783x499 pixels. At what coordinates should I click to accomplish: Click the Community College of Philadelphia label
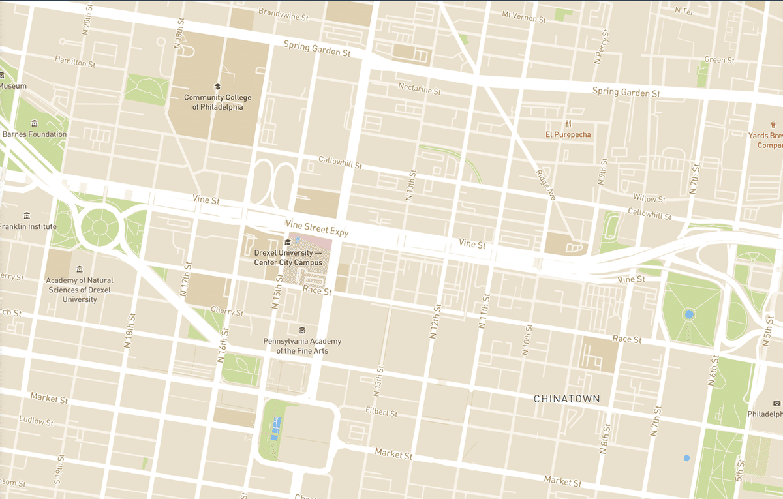(x=217, y=102)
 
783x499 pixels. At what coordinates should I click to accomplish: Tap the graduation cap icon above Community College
(x=217, y=87)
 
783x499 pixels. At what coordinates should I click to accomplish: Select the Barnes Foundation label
(x=34, y=134)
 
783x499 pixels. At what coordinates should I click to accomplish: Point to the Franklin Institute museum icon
(x=27, y=215)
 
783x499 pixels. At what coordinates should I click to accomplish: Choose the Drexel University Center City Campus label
(x=288, y=258)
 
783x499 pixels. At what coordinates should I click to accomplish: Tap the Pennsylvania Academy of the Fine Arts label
(x=301, y=346)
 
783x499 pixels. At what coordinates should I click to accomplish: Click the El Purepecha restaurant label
(x=568, y=135)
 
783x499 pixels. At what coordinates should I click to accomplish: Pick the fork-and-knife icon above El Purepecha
(x=568, y=123)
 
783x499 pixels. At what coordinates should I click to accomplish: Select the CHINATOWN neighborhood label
(x=566, y=398)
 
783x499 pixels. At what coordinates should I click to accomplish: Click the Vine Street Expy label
(x=317, y=228)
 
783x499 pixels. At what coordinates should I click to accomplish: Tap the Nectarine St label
(x=420, y=89)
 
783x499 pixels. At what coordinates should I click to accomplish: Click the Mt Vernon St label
(x=523, y=16)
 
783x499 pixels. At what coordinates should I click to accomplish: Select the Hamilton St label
(x=75, y=62)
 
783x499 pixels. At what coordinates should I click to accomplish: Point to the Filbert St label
(x=382, y=412)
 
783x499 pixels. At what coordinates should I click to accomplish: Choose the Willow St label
(x=649, y=198)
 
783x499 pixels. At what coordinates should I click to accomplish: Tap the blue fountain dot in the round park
(x=689, y=315)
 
